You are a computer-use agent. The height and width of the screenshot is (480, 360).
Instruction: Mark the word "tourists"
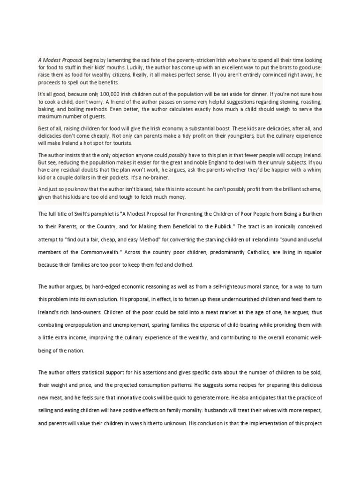[x=122, y=143]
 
